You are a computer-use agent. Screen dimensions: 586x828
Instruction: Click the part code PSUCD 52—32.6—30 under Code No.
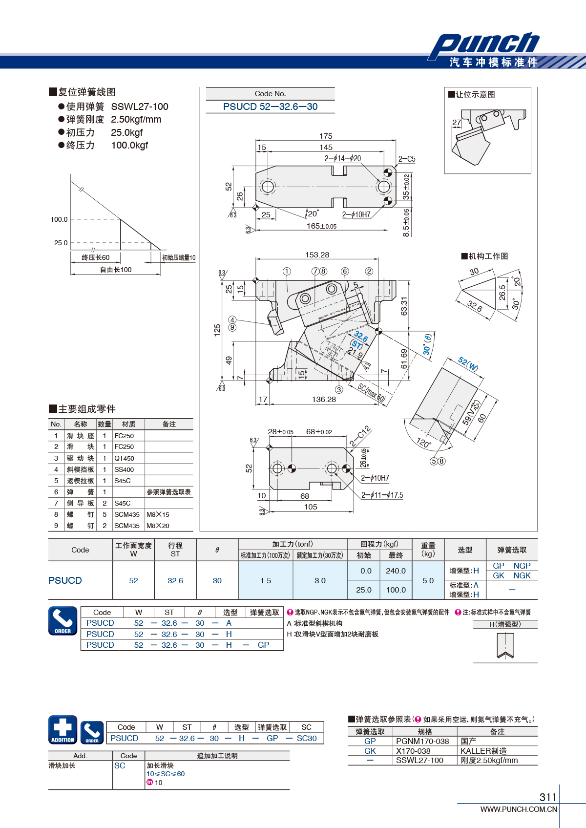point(270,106)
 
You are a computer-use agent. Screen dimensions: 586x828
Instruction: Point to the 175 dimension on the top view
point(326,136)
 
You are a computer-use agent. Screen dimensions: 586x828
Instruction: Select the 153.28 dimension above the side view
point(317,255)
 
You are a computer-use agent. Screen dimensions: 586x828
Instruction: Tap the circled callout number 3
point(339,390)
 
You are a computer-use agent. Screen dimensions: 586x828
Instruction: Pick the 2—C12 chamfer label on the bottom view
point(360,436)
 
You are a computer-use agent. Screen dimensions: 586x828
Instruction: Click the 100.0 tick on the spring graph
point(59,219)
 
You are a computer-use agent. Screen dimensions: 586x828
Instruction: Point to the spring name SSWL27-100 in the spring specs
point(140,106)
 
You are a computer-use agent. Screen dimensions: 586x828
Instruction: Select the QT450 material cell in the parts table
point(124,458)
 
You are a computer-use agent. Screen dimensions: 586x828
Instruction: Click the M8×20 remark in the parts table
point(158,526)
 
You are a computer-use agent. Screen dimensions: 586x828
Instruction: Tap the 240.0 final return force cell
point(396,571)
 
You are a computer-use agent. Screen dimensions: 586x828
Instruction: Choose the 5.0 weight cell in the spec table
point(428,580)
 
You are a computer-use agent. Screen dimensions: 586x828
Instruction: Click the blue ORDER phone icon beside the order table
point(63,620)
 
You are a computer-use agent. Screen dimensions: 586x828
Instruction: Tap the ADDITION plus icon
point(63,730)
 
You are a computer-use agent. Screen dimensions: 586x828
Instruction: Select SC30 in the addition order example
point(307,738)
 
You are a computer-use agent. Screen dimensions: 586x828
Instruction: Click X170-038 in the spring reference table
point(413,751)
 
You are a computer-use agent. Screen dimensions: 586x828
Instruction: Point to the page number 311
point(548,797)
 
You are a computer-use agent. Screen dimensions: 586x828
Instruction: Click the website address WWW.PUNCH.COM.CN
point(519,809)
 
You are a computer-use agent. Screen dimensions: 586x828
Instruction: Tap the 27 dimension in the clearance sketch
point(457,122)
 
